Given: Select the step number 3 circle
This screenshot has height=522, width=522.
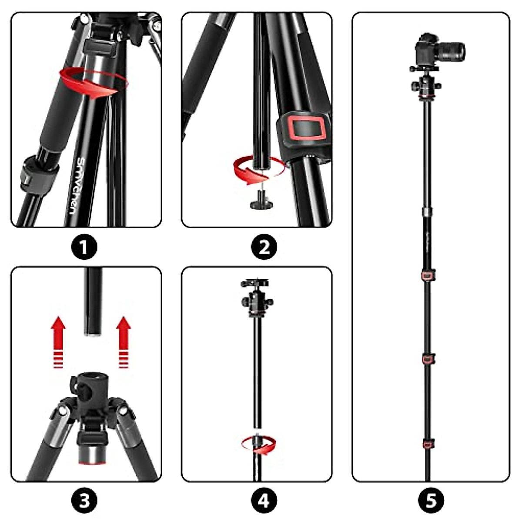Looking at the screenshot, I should [84, 500].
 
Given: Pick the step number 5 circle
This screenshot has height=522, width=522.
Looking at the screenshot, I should [431, 500].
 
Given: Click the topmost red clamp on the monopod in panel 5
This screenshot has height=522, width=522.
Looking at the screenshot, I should [428, 275].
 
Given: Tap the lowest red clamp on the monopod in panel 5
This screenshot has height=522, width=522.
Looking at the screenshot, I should [428, 444].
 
